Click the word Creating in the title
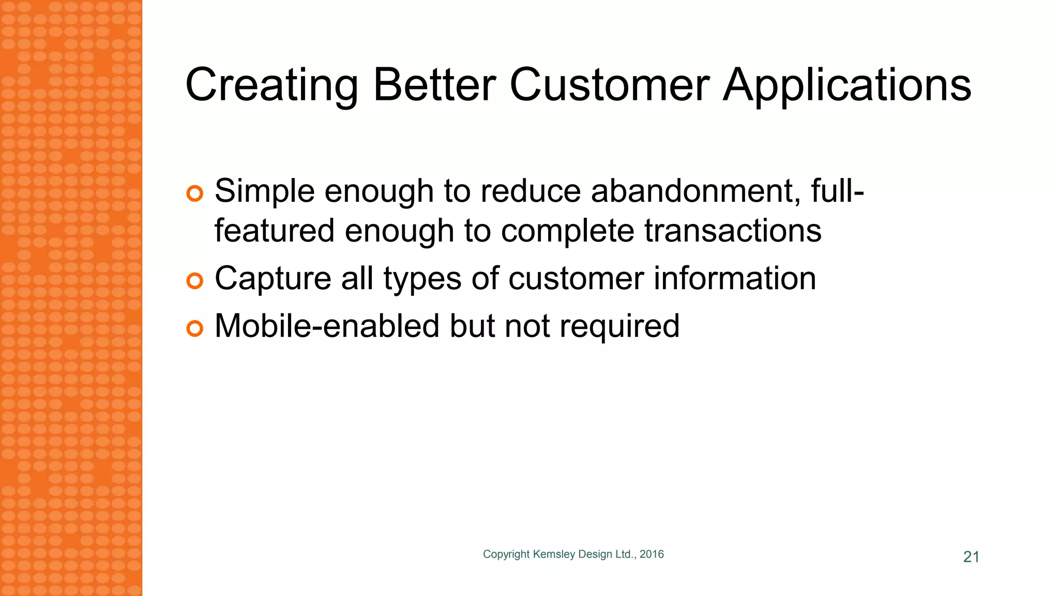point(271,85)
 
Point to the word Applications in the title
point(847,85)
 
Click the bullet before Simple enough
point(194,194)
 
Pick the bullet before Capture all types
point(194,281)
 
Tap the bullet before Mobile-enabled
point(194,329)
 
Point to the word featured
point(274,231)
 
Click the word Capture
point(273,279)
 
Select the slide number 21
point(971,557)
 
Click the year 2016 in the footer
point(652,554)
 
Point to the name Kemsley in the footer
point(554,555)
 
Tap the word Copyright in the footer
point(506,555)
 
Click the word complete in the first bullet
point(567,232)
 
